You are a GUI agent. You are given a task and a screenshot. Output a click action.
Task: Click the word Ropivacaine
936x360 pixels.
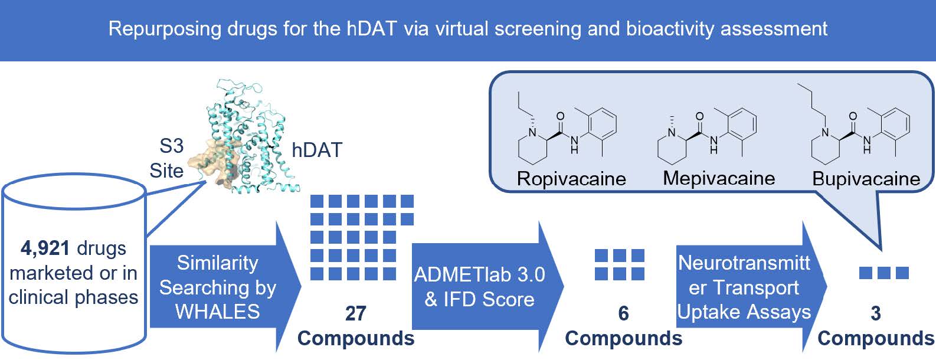[571, 178]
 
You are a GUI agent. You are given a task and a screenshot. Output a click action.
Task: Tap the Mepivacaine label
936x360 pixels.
[719, 178]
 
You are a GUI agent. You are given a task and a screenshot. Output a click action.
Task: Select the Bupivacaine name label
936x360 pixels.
[866, 178]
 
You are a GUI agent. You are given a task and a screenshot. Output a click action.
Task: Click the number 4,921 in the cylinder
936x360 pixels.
[45, 248]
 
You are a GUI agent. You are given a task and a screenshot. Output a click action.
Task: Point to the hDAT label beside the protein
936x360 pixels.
[317, 150]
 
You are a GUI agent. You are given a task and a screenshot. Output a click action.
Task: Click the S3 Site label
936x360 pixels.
[166, 158]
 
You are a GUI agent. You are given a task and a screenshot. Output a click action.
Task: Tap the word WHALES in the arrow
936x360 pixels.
[217, 311]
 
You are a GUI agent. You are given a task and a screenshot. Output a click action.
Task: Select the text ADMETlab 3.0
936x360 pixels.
[479, 274]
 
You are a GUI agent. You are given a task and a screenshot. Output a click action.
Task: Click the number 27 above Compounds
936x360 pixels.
[355, 313]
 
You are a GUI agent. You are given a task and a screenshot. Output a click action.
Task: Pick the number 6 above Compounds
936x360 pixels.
[623, 313]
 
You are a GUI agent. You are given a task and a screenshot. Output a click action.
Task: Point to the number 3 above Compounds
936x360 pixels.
[876, 313]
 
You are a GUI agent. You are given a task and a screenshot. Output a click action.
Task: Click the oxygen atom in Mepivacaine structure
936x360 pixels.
[699, 116]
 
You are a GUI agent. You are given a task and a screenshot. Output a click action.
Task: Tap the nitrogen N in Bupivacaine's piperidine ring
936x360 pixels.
[825, 132]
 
